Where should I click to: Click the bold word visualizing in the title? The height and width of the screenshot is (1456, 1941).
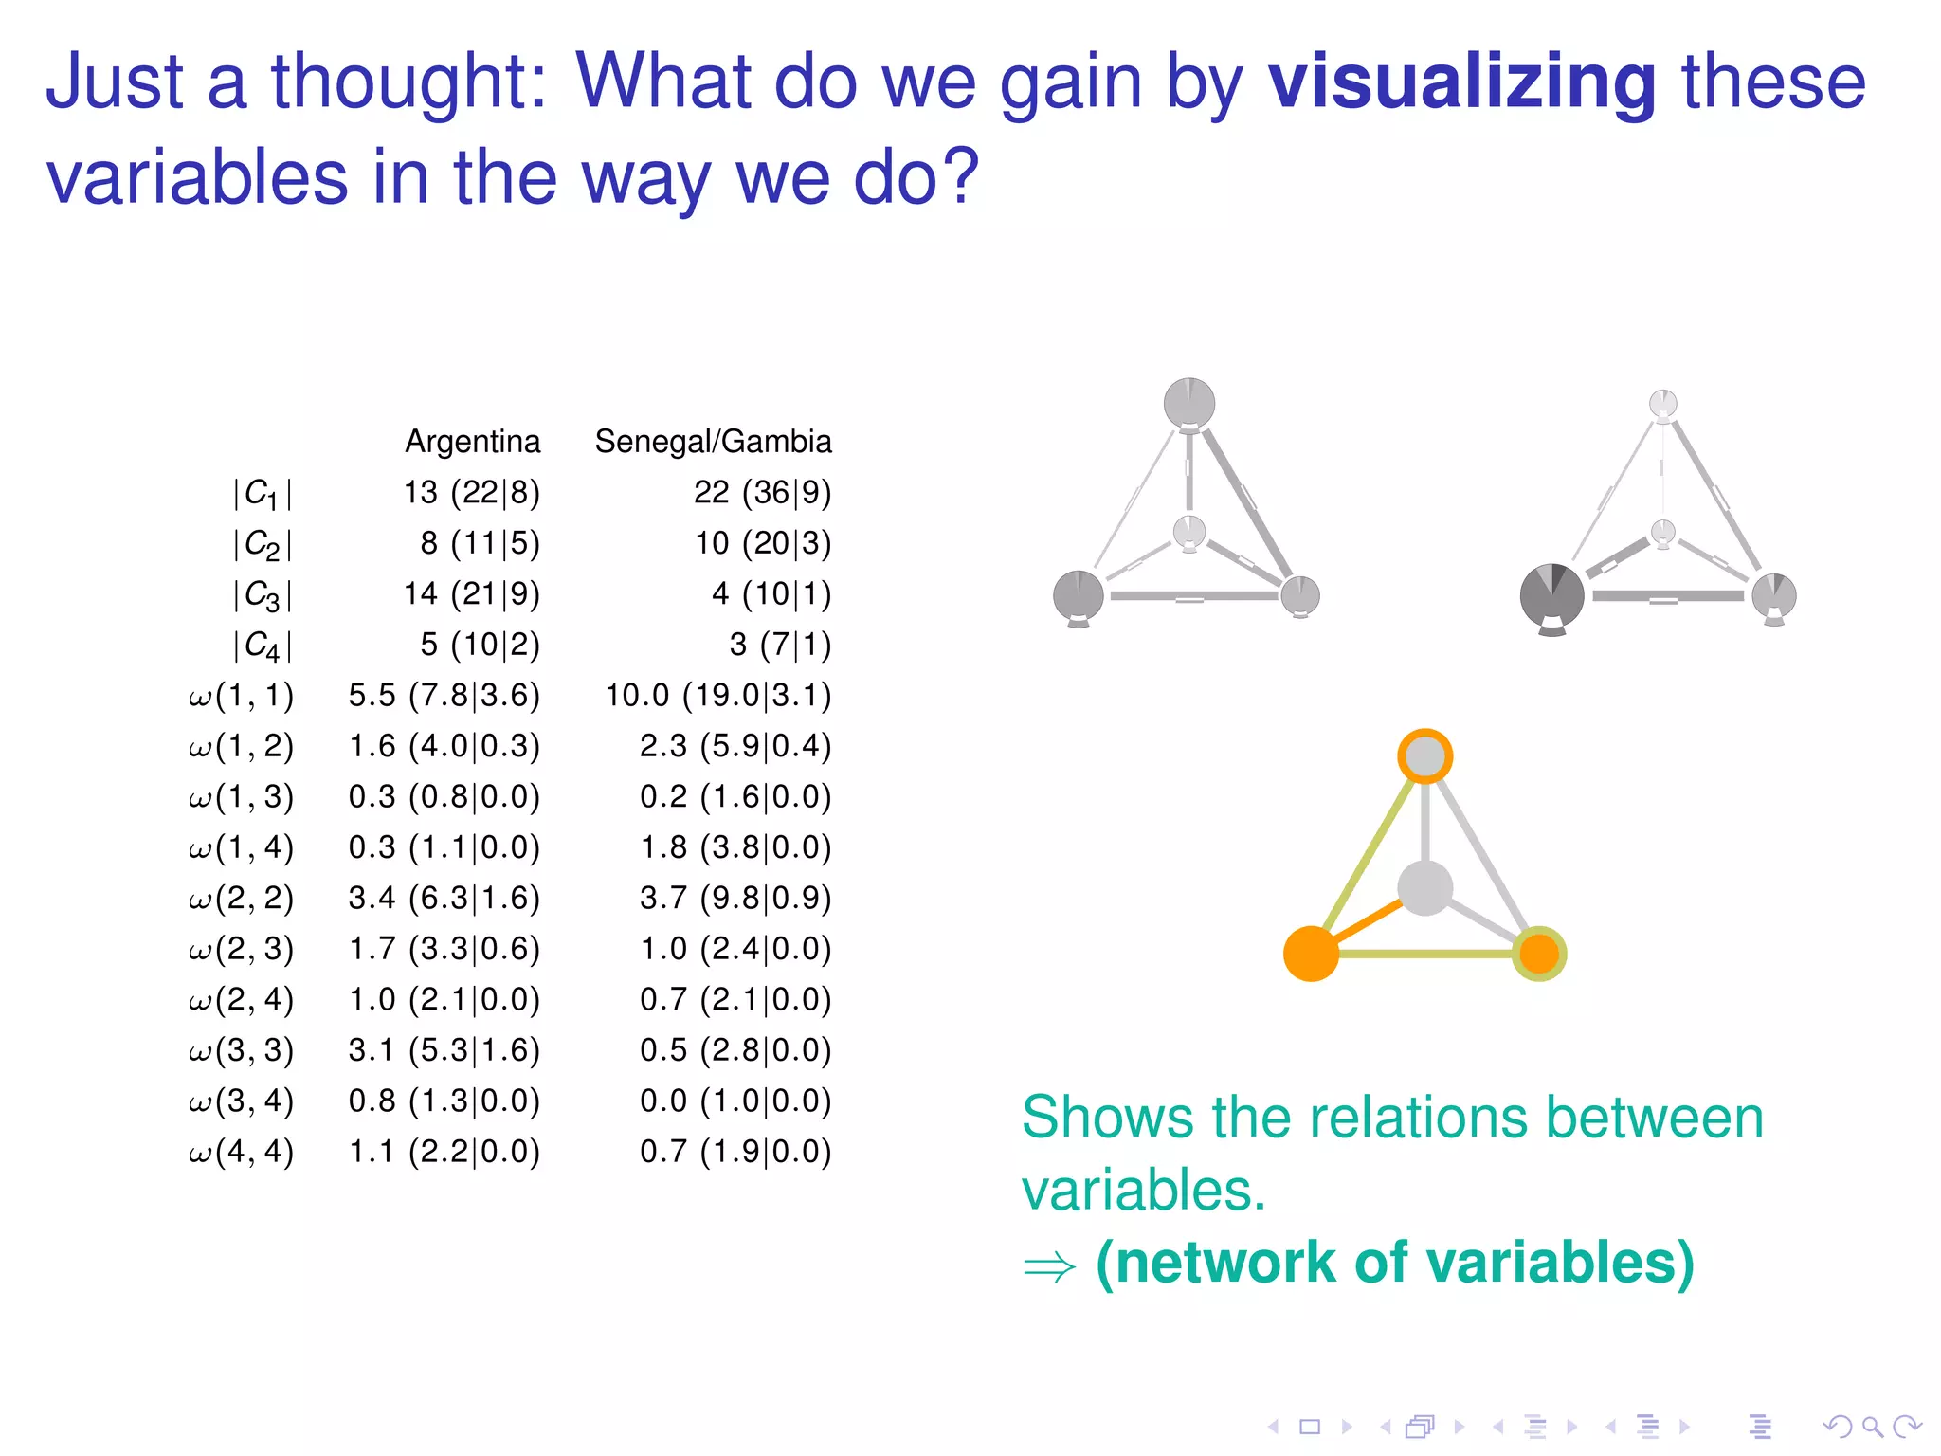click(1461, 83)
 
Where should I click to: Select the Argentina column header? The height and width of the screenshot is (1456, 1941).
click(472, 442)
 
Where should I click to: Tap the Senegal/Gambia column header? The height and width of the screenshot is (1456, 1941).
click(713, 442)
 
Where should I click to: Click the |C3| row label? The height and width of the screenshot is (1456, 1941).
click(262, 595)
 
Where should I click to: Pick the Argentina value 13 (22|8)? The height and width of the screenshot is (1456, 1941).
click(471, 493)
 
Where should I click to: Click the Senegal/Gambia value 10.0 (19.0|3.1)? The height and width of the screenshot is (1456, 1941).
click(717, 696)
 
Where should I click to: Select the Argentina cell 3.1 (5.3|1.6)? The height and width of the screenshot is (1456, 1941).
click(444, 1050)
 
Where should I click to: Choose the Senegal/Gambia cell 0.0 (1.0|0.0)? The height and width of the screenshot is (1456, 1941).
click(735, 1101)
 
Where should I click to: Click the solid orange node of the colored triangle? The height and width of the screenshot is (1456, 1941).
click(1311, 954)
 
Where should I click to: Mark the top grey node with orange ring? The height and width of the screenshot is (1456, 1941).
click(1424, 756)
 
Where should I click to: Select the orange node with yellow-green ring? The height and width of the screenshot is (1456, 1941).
click(1538, 954)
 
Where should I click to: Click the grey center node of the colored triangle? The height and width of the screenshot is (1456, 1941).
click(1424, 888)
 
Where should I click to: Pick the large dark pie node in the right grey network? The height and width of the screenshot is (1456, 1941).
click(1551, 596)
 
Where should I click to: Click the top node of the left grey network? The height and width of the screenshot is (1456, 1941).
click(1188, 403)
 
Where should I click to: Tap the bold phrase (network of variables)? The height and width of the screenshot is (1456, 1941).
click(1394, 1264)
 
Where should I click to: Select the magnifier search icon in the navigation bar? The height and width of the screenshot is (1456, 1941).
click(1872, 1427)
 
